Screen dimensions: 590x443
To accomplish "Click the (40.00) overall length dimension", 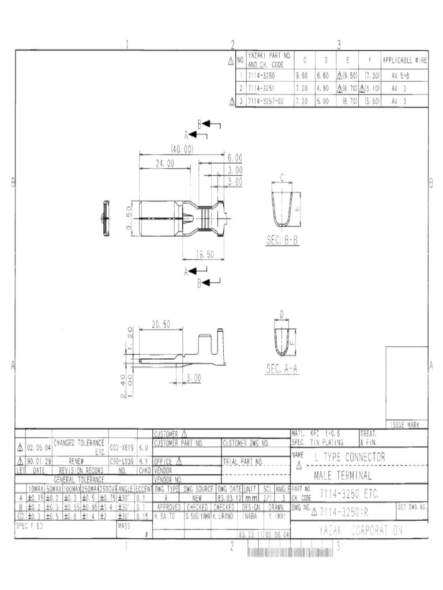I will pos(182,149).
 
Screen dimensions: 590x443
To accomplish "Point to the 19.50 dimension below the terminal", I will pos(205,254).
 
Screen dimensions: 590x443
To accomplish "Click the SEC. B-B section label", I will pos(283,241).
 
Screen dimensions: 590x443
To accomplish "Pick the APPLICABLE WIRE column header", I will pos(404,59).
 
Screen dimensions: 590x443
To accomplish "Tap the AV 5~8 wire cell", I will pos(399,76).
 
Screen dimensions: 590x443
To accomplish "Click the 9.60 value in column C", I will pos(302,76).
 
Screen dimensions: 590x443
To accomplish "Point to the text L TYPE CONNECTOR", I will pos(350,457).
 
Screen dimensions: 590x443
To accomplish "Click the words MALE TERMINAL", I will pos(343,476).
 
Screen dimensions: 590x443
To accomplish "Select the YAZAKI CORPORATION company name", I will pos(361,531).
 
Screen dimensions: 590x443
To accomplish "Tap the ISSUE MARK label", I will pos(407,425).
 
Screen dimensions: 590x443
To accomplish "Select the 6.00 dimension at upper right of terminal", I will pos(235,157).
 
